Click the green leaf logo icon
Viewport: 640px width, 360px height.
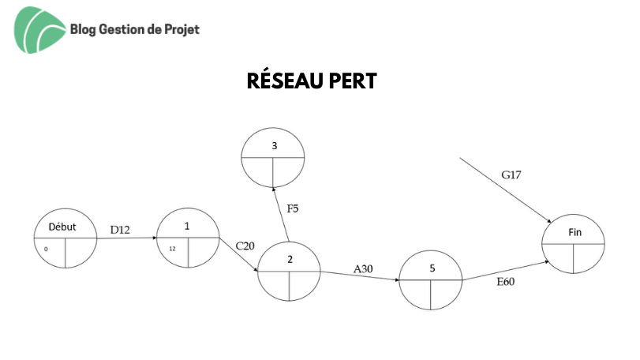click(39, 30)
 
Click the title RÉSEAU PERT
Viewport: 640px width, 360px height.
click(312, 80)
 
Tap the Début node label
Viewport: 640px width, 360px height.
click(62, 227)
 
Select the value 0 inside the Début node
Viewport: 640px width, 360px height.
click(46, 249)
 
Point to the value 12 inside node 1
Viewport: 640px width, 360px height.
click(172, 249)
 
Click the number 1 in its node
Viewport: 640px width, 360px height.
click(187, 226)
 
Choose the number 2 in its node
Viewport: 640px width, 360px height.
click(290, 259)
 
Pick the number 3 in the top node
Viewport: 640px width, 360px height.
click(275, 146)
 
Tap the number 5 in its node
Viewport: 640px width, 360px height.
click(432, 268)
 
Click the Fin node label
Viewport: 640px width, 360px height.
click(575, 232)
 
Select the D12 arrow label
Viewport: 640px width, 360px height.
click(120, 230)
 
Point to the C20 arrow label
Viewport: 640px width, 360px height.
click(245, 246)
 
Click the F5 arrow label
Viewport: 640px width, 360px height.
click(293, 208)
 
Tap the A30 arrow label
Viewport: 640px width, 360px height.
click(363, 269)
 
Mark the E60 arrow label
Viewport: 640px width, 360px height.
click(505, 282)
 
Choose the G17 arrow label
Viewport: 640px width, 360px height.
click(511, 174)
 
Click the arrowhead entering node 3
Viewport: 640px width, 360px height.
click(273, 189)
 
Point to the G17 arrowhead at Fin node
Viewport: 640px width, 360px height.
click(549, 221)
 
